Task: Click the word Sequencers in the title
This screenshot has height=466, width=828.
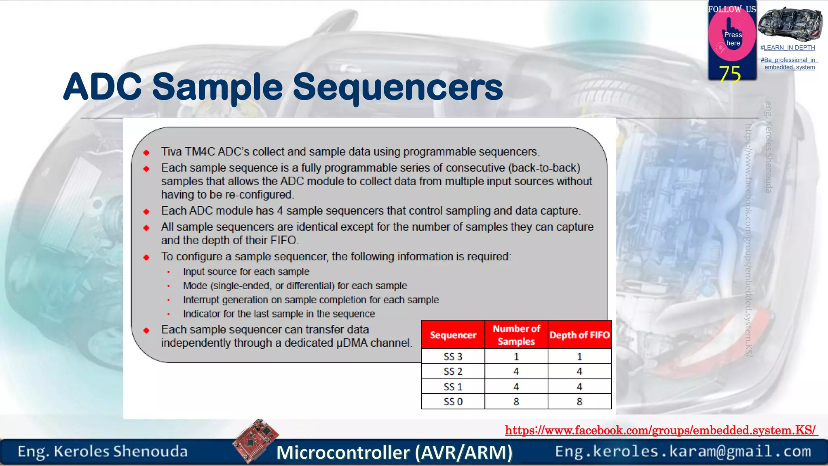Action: click(x=397, y=87)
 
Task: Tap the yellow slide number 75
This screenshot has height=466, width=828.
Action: click(x=730, y=74)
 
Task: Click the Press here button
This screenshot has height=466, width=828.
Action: click(x=733, y=39)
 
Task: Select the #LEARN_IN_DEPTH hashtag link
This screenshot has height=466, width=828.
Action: click(x=788, y=48)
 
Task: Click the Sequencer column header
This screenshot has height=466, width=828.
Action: click(x=453, y=335)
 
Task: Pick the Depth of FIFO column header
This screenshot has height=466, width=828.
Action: click(x=579, y=335)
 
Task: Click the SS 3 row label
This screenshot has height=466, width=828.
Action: click(x=453, y=356)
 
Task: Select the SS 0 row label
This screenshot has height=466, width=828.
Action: click(x=453, y=402)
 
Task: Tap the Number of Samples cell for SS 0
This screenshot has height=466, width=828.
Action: click(x=516, y=402)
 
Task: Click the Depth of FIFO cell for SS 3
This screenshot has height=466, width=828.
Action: click(x=579, y=356)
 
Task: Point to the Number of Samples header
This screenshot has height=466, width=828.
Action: click(x=516, y=335)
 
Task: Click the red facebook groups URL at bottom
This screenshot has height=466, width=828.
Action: click(x=661, y=430)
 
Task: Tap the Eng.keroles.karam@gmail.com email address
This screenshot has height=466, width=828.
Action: click(x=683, y=451)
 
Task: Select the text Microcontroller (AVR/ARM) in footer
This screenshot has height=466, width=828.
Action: click(x=394, y=452)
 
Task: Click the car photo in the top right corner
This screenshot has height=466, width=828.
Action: click(x=790, y=24)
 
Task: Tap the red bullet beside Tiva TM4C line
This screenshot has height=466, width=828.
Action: click(x=146, y=153)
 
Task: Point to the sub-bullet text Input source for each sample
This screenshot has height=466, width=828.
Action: click(x=246, y=272)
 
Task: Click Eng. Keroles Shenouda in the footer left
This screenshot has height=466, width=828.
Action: click(x=103, y=451)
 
